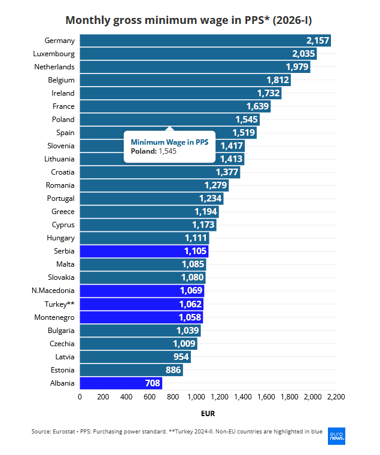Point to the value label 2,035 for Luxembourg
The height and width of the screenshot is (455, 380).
click(303, 54)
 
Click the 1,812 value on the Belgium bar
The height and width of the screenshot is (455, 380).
click(278, 80)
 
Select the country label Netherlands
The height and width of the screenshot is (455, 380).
click(54, 67)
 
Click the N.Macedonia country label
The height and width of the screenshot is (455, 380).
click(53, 291)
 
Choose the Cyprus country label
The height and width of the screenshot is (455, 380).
click(62, 225)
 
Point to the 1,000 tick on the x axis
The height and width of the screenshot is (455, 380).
click(196, 396)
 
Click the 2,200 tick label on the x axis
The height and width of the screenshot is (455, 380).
click(336, 396)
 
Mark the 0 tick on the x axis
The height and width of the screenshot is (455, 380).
click(80, 396)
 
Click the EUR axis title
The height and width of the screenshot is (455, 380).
click(208, 413)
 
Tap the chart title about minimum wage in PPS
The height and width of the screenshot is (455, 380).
click(189, 20)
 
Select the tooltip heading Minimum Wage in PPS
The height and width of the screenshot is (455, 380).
click(169, 142)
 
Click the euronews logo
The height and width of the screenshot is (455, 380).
click(336, 435)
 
